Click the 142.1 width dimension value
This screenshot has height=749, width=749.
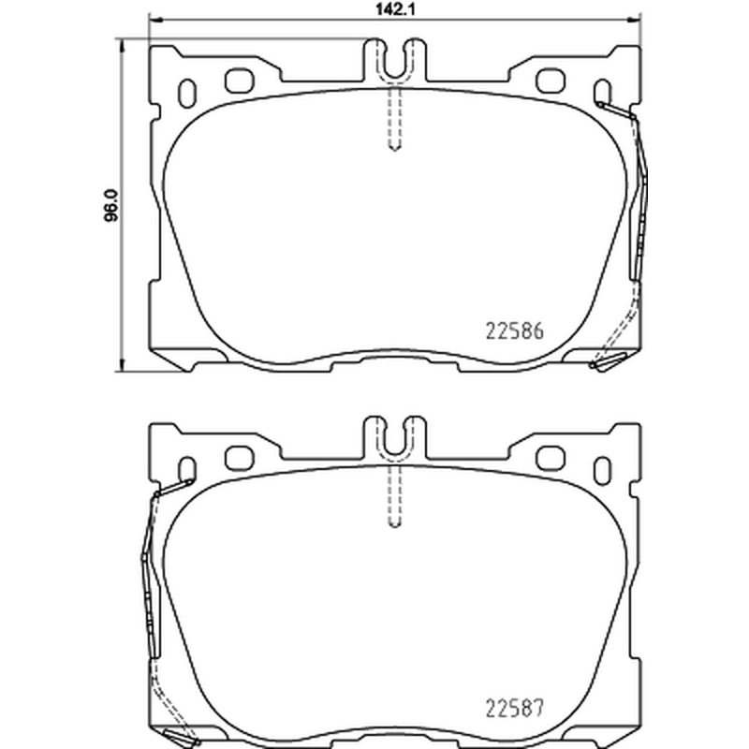[394, 10]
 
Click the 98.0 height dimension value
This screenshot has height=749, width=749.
[111, 205]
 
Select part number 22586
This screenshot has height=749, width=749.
[514, 331]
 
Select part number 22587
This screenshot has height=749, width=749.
[514, 708]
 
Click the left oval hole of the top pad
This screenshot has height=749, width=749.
[186, 93]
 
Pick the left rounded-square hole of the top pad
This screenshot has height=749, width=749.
[240, 81]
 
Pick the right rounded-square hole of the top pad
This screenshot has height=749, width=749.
[551, 81]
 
